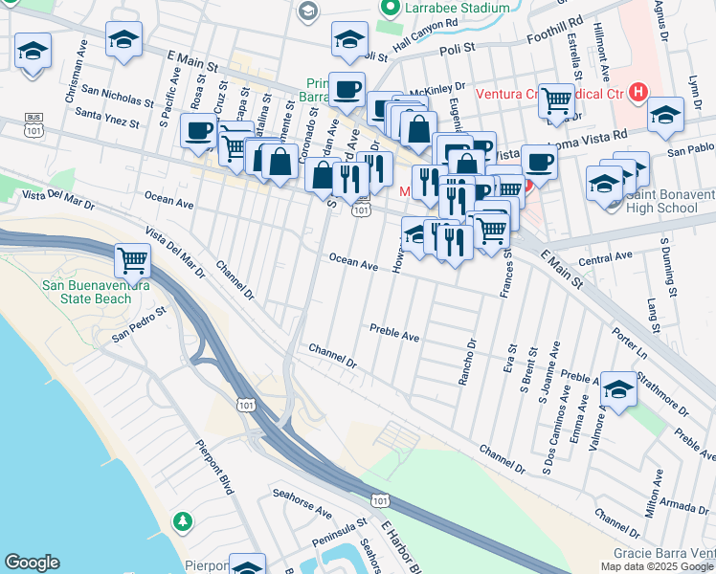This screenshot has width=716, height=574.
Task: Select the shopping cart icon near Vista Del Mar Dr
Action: pyautogui.click(x=132, y=258)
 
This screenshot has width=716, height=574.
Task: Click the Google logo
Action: pyautogui.click(x=32, y=563)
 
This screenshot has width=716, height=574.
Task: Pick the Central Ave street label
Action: pyautogui.click(x=606, y=257)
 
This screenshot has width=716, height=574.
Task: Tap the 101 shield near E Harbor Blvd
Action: pyautogui.click(x=380, y=499)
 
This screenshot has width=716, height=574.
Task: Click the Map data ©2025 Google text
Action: pyautogui.click(x=657, y=566)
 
